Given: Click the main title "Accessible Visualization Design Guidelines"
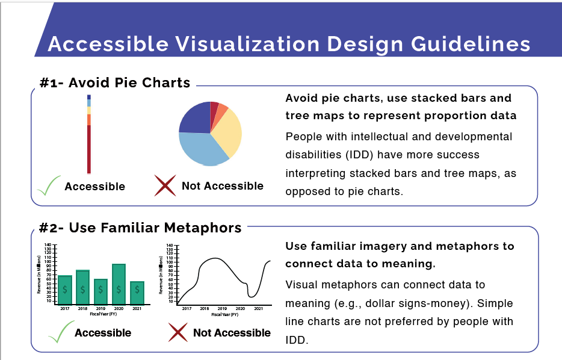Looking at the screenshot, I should point(289,44).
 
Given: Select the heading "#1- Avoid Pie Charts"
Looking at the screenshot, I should point(114,83).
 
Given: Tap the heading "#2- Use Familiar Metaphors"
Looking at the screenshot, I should point(140,228).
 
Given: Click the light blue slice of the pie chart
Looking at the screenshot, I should point(202,149).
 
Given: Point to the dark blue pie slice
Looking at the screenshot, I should point(194,118).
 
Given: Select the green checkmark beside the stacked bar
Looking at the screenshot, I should point(48,185).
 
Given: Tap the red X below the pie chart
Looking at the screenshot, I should point(165,186).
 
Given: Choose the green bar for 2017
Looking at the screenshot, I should point(64,290).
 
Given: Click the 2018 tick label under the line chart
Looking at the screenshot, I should point(205,308).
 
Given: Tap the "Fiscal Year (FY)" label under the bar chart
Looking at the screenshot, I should point(100,314).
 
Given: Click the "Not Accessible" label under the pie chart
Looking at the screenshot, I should point(223,186).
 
